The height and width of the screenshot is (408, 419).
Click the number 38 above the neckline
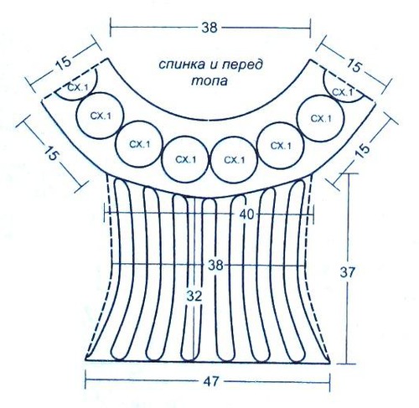click(209, 28)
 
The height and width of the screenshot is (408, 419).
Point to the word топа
click(209, 80)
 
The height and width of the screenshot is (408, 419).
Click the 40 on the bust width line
click(247, 214)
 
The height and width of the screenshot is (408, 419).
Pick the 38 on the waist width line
click(215, 265)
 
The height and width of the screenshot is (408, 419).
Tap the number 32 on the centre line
click(194, 296)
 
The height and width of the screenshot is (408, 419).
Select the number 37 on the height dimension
click(347, 272)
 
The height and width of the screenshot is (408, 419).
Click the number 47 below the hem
click(210, 382)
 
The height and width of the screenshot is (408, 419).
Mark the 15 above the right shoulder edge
click(354, 66)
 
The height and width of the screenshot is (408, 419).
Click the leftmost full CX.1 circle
click(100, 116)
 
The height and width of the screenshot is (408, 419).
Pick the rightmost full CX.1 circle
click(320, 118)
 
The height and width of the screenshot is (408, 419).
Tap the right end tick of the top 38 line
click(310, 28)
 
